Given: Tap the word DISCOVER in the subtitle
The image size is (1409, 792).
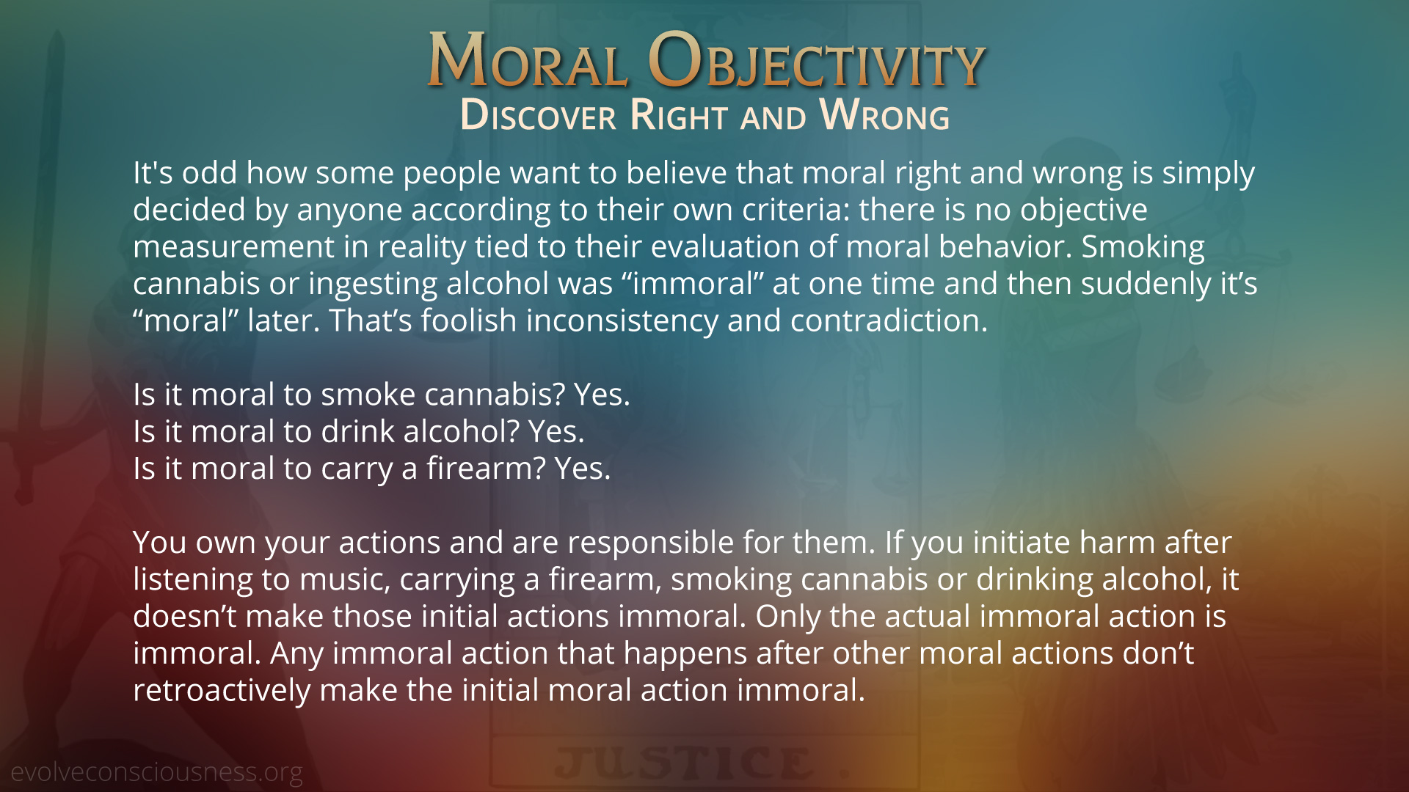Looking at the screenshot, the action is coord(538,115).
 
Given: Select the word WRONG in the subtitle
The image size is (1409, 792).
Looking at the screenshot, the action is coord(884,115).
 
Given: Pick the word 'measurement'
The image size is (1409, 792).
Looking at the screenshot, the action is coord(233,247).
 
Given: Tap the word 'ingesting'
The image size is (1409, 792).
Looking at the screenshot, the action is coord(373,285).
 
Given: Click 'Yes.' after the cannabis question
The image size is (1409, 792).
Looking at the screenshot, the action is coord(602,395).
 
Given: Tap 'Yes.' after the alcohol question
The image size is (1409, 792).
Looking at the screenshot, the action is coord(556,432).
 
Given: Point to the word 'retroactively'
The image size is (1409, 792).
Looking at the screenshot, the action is coord(222,691).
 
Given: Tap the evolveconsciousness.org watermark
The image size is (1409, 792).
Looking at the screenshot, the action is coord(156,772).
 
